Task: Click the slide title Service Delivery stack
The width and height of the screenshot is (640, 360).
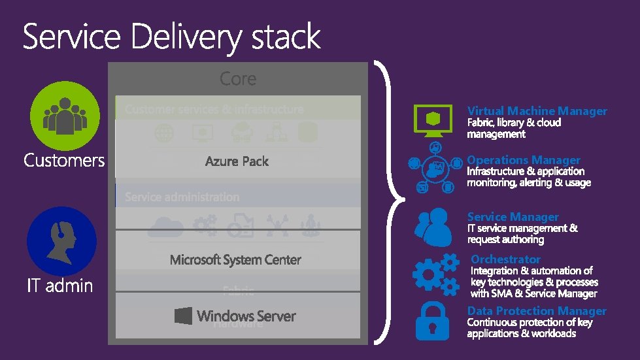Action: (x=172, y=37)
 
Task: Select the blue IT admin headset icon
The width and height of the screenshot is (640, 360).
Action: (x=61, y=241)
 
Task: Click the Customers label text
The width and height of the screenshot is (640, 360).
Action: (x=64, y=160)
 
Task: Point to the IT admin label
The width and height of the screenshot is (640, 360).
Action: (x=60, y=286)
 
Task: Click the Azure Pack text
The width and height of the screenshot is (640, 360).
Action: (x=237, y=161)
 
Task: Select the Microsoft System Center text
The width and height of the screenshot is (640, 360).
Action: (x=235, y=260)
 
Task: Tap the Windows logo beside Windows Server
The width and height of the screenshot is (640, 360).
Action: (x=183, y=316)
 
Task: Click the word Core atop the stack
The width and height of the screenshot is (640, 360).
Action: (x=238, y=79)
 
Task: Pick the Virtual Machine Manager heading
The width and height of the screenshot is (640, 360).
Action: (x=537, y=111)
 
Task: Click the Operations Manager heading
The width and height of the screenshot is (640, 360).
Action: (x=524, y=160)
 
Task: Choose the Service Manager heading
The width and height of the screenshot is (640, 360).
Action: (x=513, y=217)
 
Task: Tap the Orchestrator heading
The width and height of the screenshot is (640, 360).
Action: (x=506, y=259)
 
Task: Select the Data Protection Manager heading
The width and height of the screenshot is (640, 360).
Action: (x=537, y=311)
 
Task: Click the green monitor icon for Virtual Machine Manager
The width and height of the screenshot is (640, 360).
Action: (x=433, y=121)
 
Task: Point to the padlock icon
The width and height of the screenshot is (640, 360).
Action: (x=433, y=319)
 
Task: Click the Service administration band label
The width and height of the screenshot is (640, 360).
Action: (x=182, y=197)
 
